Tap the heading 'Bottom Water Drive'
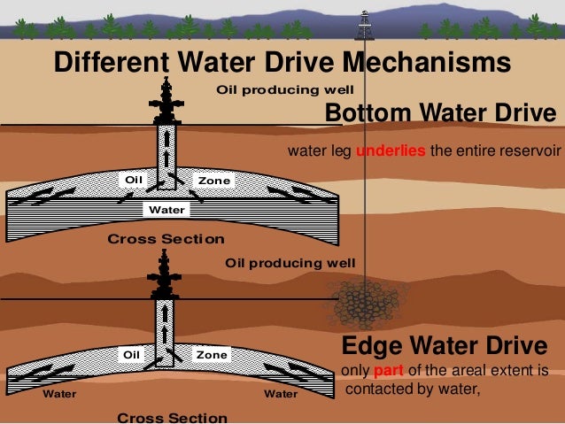440,113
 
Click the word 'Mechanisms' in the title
426,64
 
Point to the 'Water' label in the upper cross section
166,210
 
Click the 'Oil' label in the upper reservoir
134,180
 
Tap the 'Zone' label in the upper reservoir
213,181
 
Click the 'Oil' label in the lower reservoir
132,354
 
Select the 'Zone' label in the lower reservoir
212,355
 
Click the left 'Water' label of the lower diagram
60,394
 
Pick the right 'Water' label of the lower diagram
281,394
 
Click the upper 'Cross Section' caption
166,239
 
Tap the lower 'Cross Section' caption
172,417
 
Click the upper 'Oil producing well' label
285,90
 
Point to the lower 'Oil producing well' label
290,263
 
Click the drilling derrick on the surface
364,26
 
